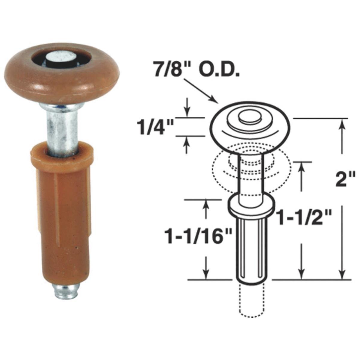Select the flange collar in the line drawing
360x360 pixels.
[252, 207]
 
